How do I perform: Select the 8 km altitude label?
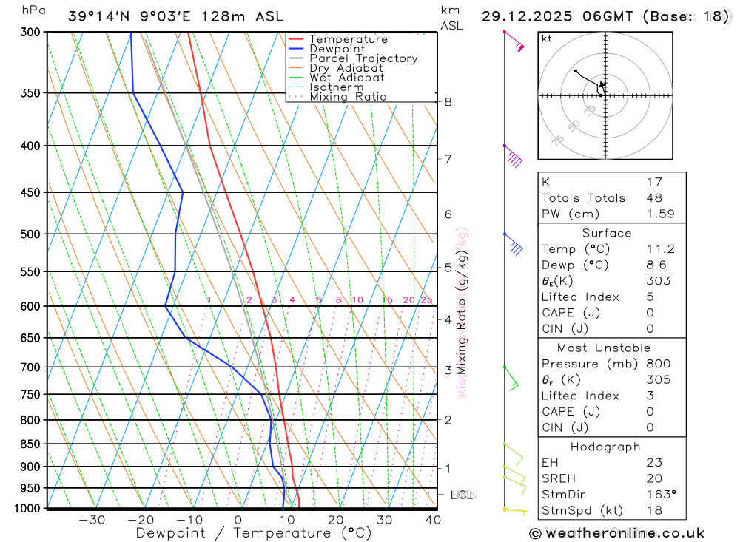448,102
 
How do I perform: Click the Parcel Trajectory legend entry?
363,58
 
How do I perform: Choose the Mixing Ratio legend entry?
348,97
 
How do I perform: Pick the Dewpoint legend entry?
337,49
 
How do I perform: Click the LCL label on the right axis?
462,494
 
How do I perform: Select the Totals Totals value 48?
654,198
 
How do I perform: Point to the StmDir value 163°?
660,495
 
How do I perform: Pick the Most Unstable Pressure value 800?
658,364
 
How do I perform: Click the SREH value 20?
654,478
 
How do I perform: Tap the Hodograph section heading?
605,447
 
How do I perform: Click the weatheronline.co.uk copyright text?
616,533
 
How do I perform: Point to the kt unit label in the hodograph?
547,38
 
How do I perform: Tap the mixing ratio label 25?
426,299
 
